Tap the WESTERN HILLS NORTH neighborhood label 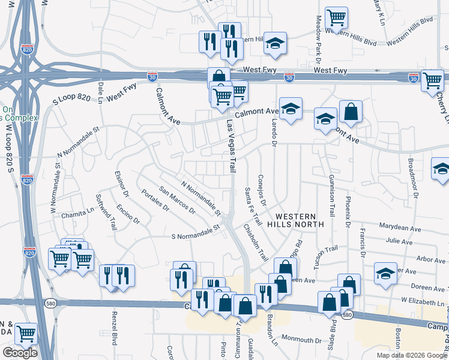pos(300,220)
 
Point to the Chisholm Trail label pos(256,242)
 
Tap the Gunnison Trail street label pos(331,196)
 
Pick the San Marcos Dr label pos(177,200)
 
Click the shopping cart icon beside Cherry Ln pos(432,80)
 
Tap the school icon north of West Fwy pos(276,43)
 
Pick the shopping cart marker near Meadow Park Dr pos(336,18)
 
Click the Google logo pos(20,353)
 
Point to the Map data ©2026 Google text pos(411,355)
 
